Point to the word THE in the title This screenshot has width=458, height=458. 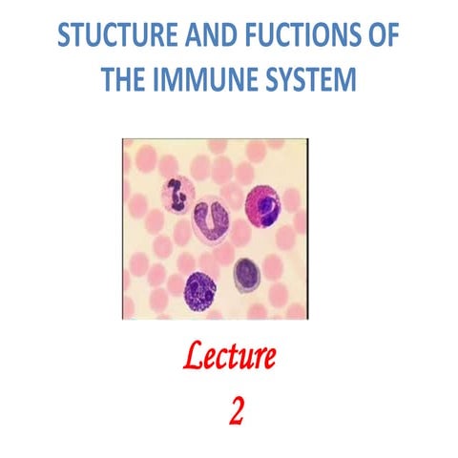[x=129, y=78]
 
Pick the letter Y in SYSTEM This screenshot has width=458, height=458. [x=291, y=78]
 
